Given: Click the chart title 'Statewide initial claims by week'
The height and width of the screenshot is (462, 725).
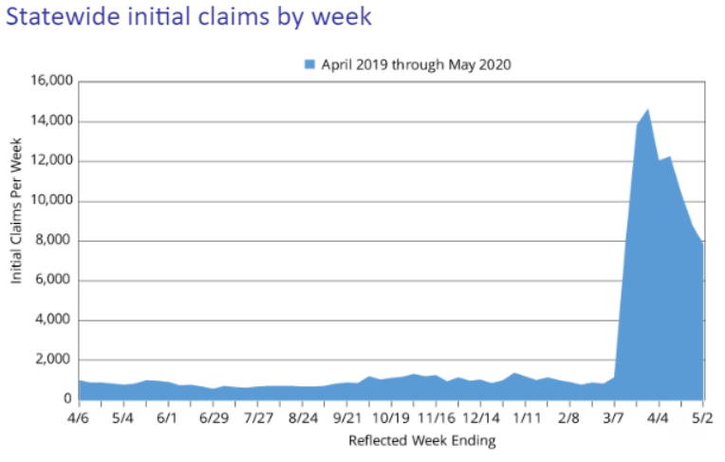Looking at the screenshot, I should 188,18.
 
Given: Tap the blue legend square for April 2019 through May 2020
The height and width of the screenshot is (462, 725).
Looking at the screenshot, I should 309,65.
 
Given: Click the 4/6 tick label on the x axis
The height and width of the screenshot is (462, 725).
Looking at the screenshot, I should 78,417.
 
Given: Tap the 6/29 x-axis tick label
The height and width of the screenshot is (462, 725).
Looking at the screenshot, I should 213,417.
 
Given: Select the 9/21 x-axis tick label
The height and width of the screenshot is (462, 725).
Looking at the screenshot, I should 347,417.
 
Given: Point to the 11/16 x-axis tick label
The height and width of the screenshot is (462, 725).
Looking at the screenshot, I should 437,417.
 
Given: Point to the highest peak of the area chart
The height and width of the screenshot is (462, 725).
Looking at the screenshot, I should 648,109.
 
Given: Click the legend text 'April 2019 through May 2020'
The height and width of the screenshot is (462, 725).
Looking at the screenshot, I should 417,65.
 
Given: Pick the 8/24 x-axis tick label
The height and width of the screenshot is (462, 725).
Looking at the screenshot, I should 303,417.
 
